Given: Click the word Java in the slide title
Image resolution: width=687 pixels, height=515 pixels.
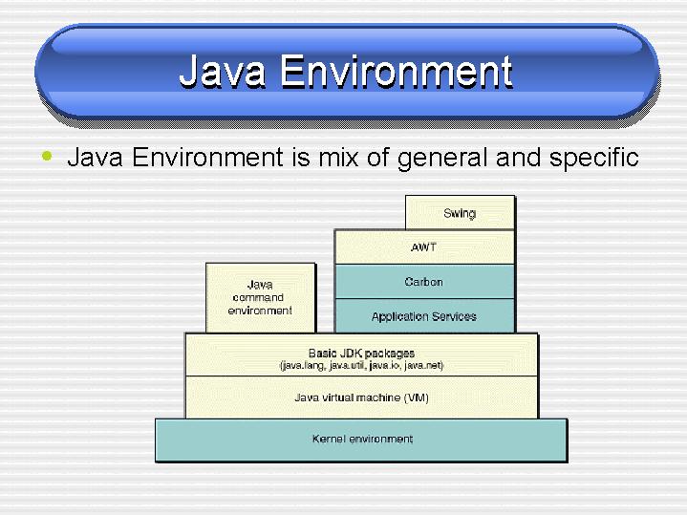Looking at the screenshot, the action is tap(222, 71).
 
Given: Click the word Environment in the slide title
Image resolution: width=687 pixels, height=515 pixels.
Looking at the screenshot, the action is tap(397, 71).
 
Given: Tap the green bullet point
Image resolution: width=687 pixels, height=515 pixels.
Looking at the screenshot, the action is tap(47, 156).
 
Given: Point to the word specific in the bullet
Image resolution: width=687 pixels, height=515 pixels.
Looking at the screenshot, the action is tap(593, 157).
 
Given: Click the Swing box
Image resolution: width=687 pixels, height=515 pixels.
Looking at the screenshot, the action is tap(460, 212).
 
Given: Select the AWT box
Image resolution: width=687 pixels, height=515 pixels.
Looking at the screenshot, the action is tap(424, 247).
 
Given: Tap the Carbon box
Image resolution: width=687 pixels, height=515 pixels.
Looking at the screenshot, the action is tap(424, 282).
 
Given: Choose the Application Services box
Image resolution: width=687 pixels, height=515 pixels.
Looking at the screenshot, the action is tap(424, 315).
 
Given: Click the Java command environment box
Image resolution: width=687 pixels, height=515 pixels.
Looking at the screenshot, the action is tap(260, 297).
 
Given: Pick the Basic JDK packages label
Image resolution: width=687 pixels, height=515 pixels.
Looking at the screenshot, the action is tap(361, 353).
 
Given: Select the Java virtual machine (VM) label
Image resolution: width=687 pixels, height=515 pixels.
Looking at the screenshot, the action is tap(361, 397).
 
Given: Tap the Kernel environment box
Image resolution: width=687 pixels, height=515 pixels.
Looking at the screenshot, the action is tap(361, 440).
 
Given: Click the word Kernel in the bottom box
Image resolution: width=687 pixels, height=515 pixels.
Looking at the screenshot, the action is tap(329, 439).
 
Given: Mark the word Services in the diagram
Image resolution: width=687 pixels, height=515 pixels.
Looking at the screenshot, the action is tap(454, 316).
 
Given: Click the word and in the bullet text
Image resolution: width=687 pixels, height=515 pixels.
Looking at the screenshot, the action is tap(518, 157).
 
